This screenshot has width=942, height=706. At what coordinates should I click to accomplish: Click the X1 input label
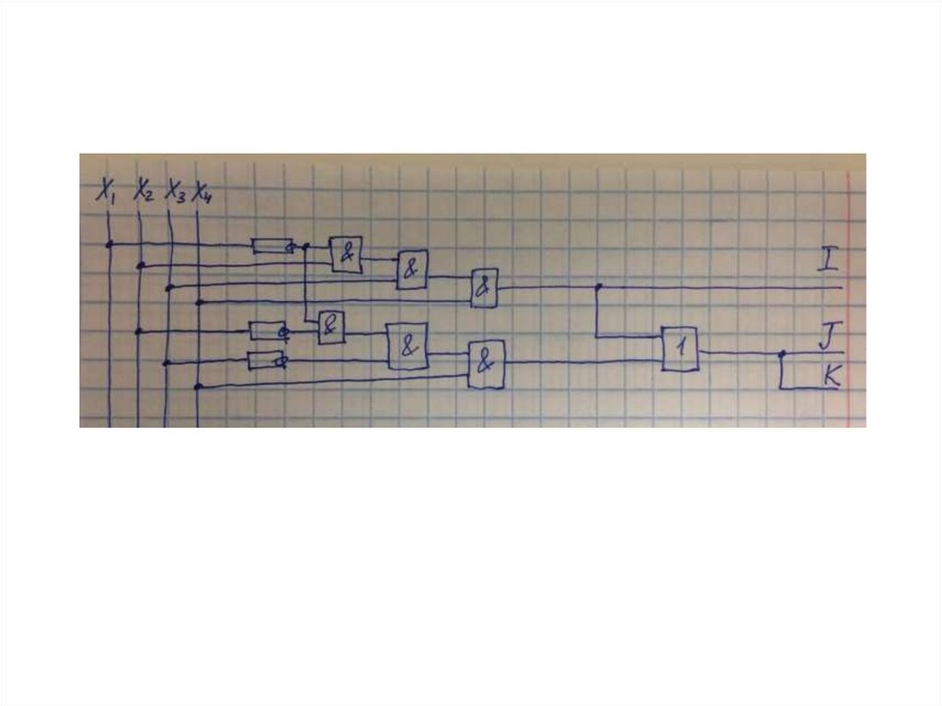coord(106,192)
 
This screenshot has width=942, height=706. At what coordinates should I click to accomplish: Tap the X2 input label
coord(143,192)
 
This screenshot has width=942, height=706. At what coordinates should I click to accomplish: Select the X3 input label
coord(174,192)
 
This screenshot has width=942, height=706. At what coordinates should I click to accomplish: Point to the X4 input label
coord(202,192)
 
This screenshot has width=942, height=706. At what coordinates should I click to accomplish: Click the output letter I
coord(827,261)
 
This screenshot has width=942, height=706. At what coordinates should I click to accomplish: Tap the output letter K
coord(831,374)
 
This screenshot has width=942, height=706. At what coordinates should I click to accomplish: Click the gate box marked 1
coord(679,350)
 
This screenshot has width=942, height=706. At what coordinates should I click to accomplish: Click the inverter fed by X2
coord(269,330)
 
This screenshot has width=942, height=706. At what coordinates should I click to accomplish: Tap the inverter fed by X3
coord(268,360)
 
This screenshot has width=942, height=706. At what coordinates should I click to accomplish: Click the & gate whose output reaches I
coord(484,288)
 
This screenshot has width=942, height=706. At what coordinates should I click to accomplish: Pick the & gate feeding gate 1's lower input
coord(486,364)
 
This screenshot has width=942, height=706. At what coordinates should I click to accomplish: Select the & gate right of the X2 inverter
coord(331,327)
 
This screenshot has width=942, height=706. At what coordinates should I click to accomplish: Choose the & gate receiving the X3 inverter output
coord(408,347)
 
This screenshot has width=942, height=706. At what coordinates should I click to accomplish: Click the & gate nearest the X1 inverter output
coord(347,254)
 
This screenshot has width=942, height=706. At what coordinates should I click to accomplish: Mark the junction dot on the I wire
coord(598,287)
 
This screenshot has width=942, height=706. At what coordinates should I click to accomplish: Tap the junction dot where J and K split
coord(781,353)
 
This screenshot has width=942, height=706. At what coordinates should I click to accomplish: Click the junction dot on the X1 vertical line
coord(109,244)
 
